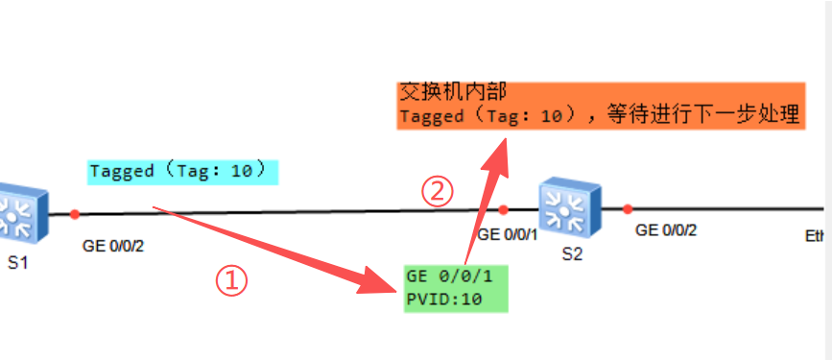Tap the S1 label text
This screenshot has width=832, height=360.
click(17, 263)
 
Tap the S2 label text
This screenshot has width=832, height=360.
click(572, 254)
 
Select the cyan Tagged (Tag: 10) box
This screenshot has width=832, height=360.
click(183, 172)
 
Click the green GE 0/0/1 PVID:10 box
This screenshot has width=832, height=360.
click(456, 288)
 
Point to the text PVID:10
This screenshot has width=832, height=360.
click(444, 300)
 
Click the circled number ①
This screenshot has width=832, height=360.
click(231, 281)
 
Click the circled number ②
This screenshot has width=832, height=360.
click(438, 192)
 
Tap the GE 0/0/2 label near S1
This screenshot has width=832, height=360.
click(113, 247)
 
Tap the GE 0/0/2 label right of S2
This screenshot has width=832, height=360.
click(666, 230)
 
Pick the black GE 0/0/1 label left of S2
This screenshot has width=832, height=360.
click(508, 234)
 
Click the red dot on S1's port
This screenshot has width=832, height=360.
click(75, 214)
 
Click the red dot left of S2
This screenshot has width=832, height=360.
click(504, 209)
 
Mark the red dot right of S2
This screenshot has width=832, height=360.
click(628, 209)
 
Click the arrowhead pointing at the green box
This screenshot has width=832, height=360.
click(377, 281)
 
